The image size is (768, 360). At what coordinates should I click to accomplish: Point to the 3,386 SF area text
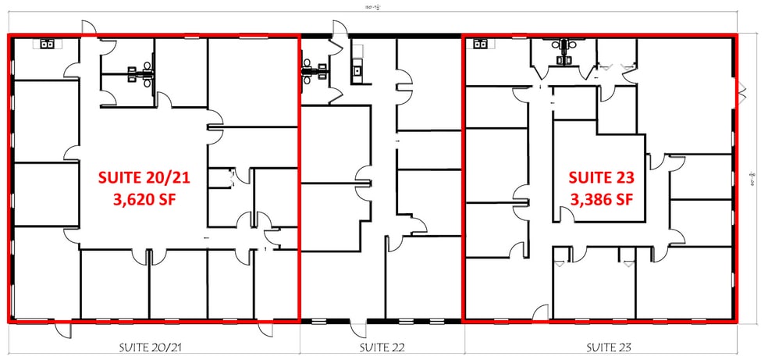pos(600,198)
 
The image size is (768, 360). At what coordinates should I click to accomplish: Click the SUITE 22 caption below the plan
pos(382,345)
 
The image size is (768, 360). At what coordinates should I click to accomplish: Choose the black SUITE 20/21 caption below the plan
pos(153,345)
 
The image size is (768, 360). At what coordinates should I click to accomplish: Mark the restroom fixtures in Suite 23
pos(564,49)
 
